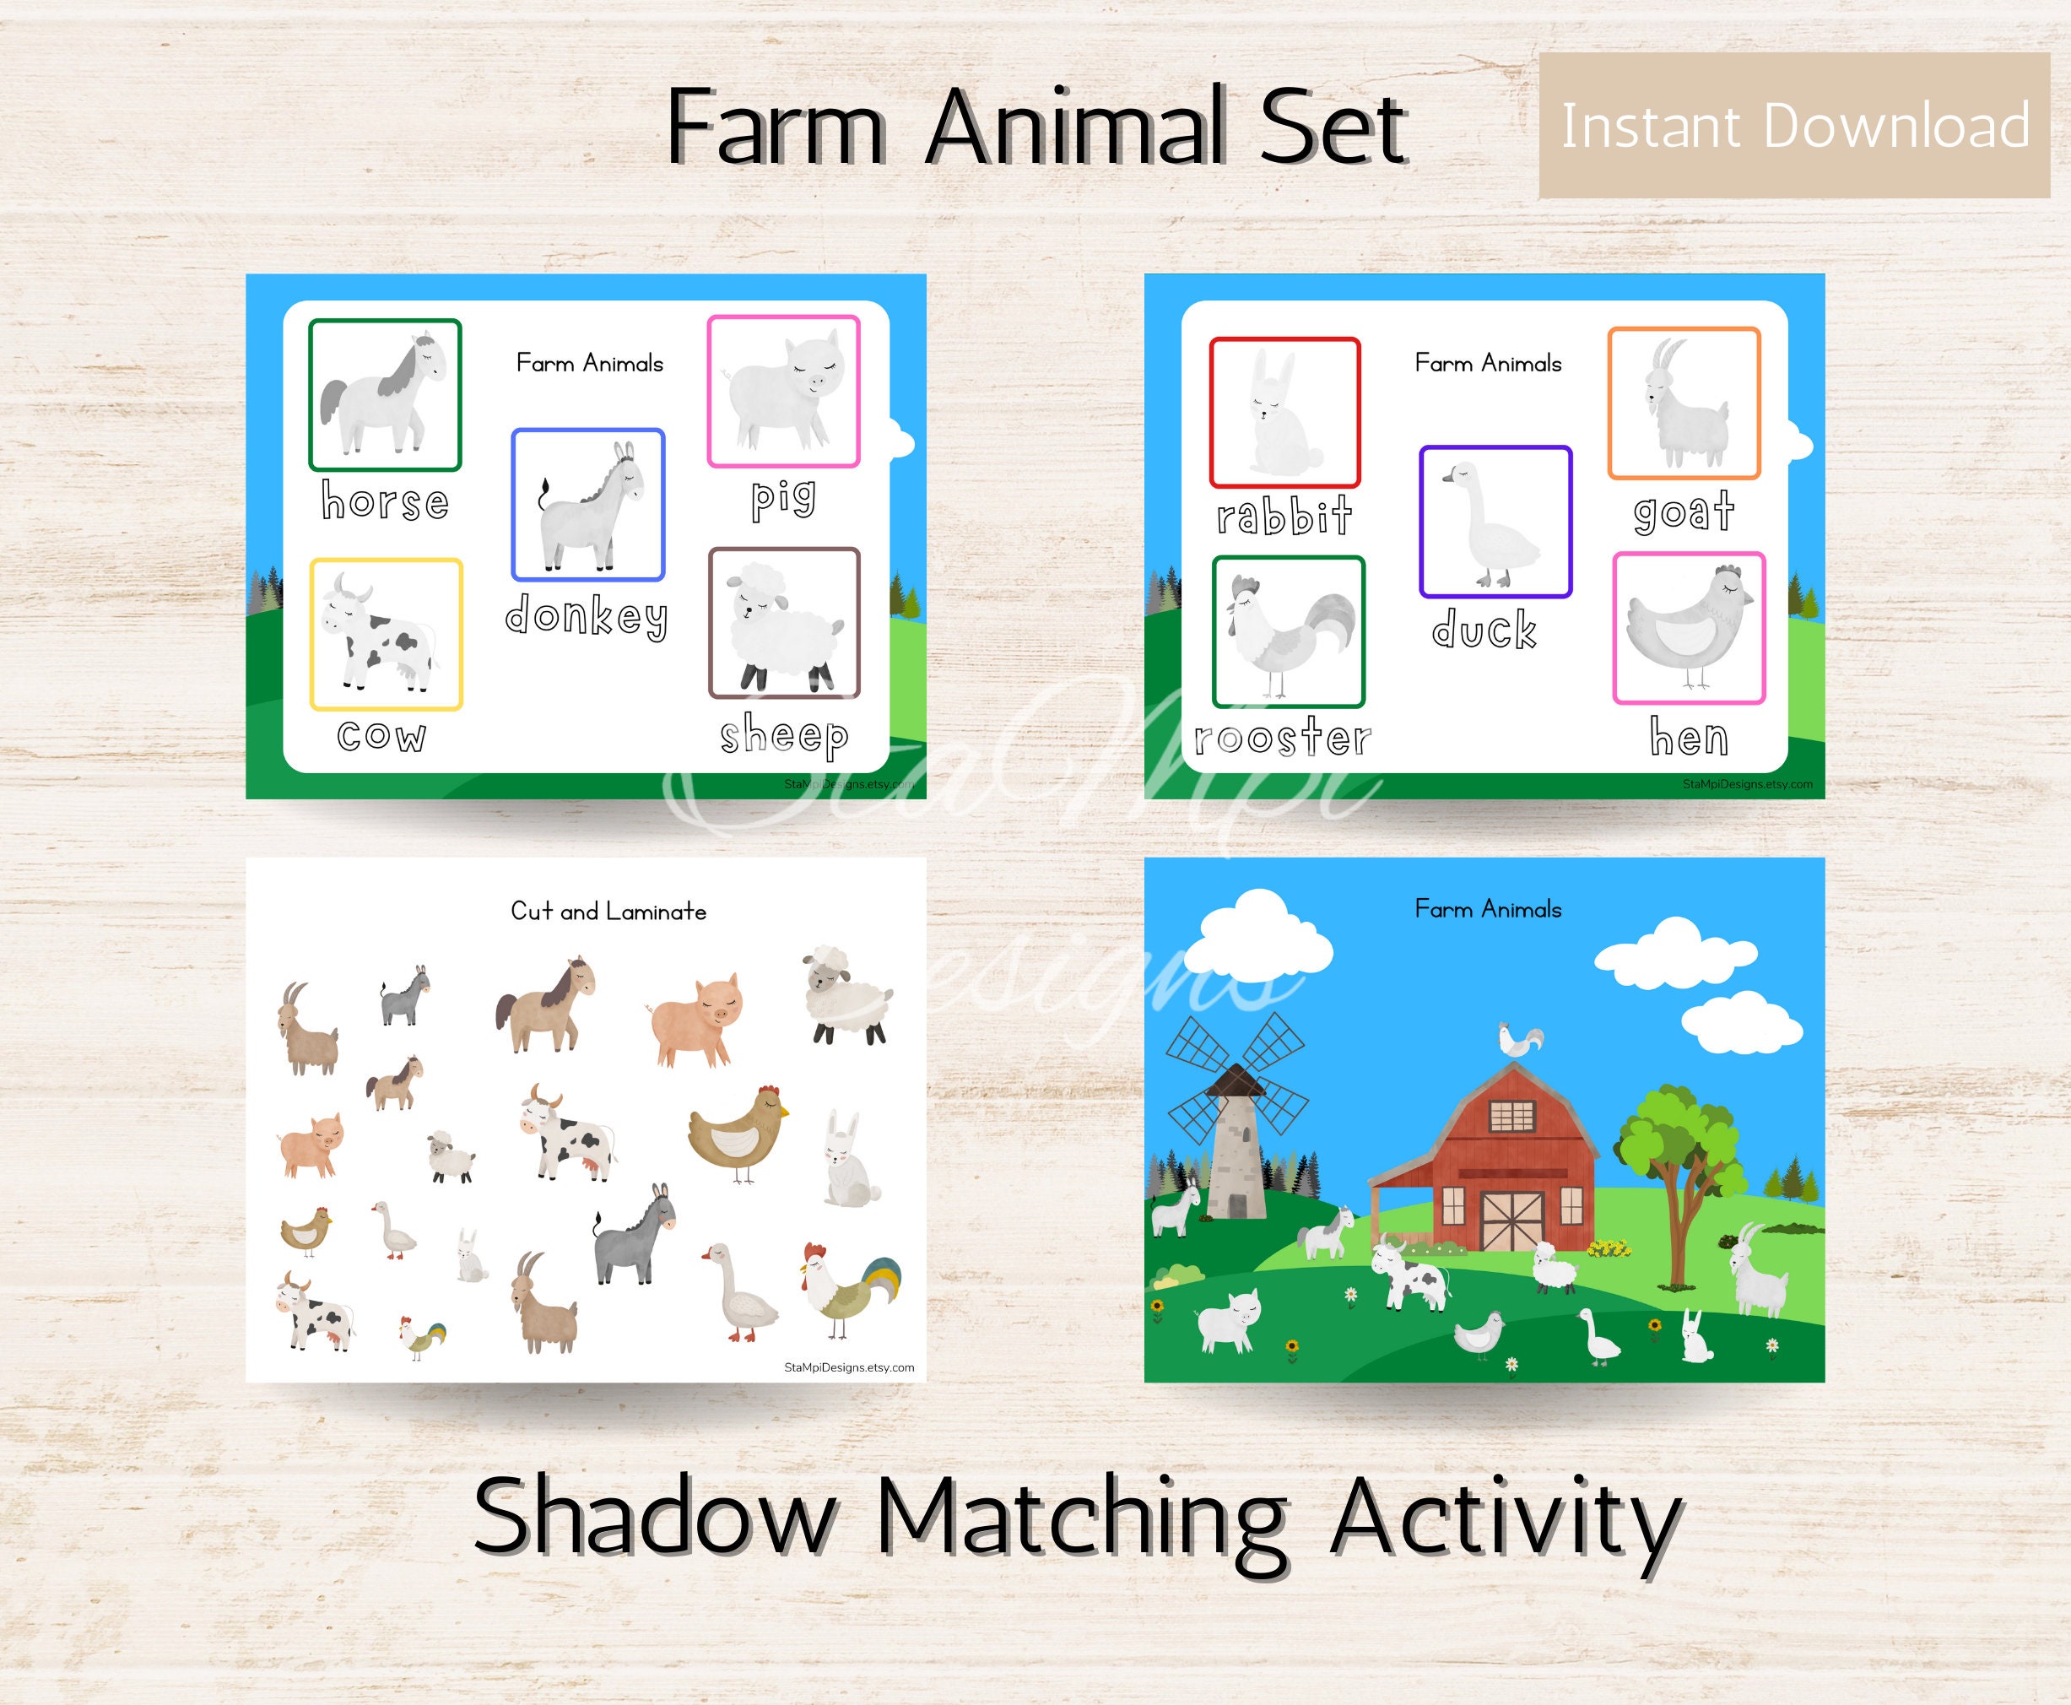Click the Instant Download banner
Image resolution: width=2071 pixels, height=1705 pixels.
tap(1794, 126)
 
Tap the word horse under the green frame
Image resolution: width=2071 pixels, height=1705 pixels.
tap(385, 502)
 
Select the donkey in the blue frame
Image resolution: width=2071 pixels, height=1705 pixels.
tap(588, 505)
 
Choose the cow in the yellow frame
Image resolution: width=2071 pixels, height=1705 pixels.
tap(386, 635)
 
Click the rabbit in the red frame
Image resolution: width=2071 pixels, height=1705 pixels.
tap(1284, 414)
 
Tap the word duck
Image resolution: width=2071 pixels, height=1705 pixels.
tap(1484, 630)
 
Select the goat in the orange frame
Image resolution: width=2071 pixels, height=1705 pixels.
tap(1683, 403)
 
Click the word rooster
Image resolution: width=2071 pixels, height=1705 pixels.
tap(1283, 738)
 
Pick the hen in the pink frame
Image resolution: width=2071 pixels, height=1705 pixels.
tap(1688, 628)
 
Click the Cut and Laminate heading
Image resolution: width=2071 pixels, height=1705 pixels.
tap(608, 912)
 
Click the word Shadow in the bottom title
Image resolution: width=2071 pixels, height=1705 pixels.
tap(653, 1518)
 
